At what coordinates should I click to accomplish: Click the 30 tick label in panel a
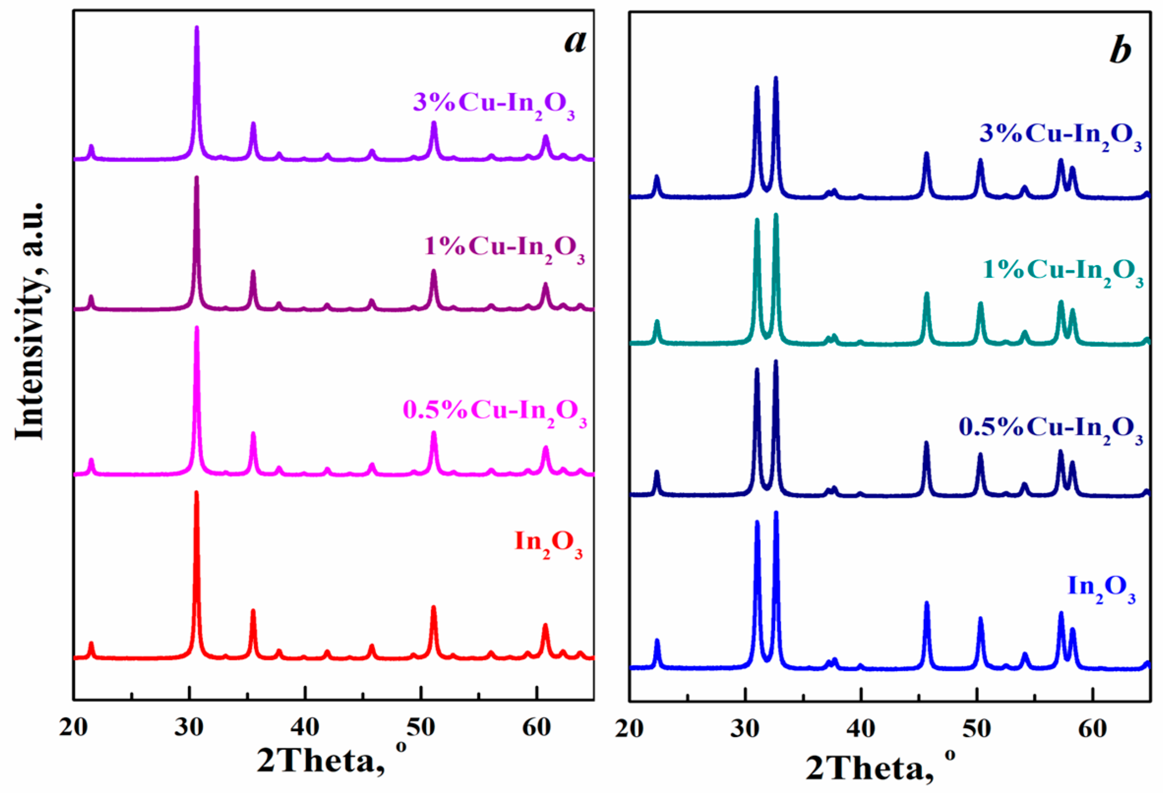(x=189, y=729)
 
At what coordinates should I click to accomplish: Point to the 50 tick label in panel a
(x=420, y=729)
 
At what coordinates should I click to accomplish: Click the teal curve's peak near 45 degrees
(x=926, y=294)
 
